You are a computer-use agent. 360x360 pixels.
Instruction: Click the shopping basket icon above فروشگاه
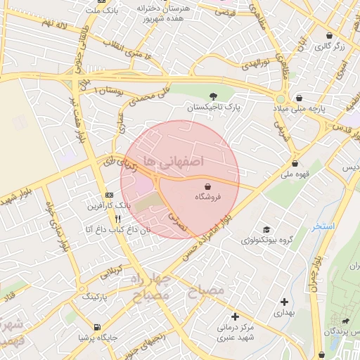click(x=208, y=187)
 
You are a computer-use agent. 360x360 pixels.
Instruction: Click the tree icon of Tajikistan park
click(x=214, y=96)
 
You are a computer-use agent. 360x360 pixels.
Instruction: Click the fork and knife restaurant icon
click(x=108, y=219)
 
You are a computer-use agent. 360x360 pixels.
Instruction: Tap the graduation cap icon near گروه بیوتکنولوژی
click(x=266, y=229)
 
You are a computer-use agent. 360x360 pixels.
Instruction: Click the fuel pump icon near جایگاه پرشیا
click(x=96, y=326)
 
